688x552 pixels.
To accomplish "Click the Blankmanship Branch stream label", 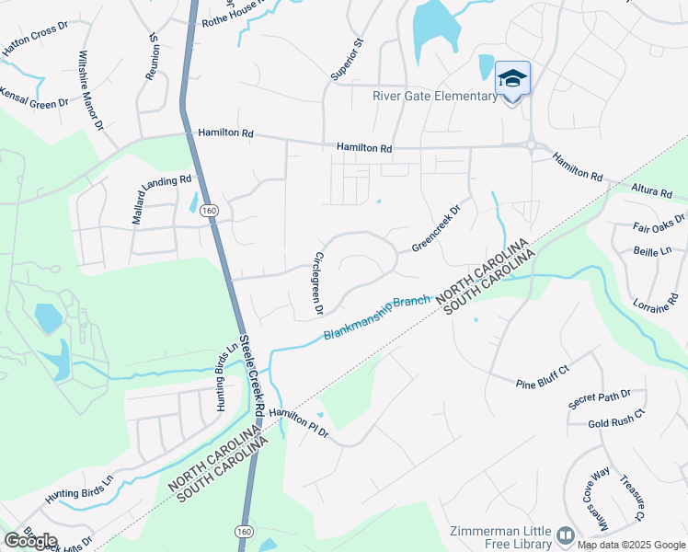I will click(x=376, y=317).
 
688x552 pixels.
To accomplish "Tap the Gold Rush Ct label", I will click(x=617, y=423).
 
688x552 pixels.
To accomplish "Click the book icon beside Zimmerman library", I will click(x=566, y=534).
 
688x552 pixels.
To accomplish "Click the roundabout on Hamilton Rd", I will click(x=532, y=144).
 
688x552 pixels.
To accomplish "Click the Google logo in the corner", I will click(x=30, y=540).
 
